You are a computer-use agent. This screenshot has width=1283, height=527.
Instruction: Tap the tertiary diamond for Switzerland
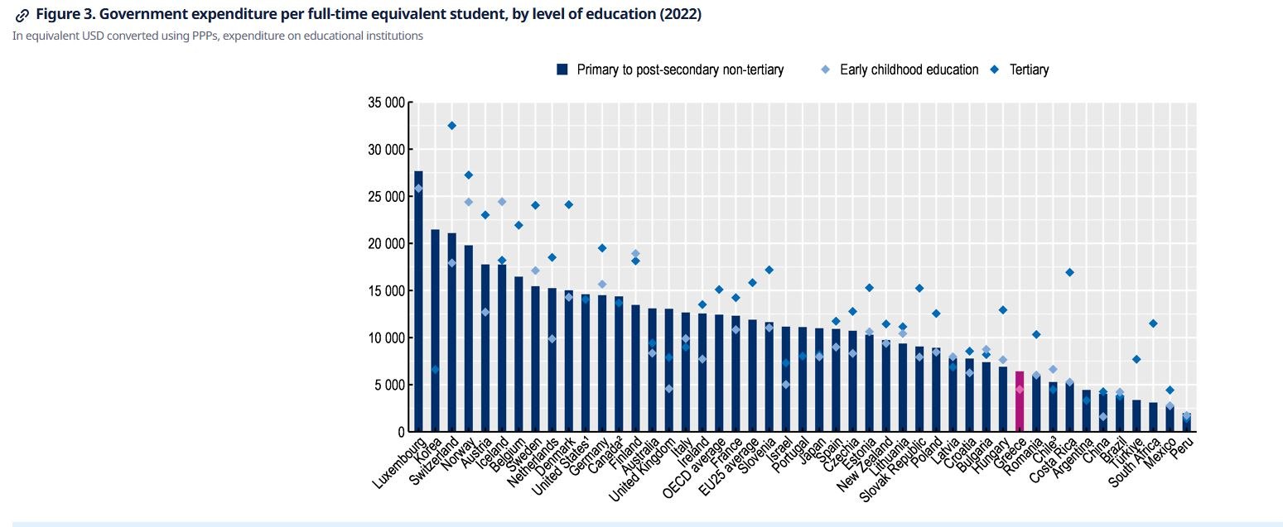tap(451, 126)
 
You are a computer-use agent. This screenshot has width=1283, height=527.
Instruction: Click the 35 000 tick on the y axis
tap(386, 103)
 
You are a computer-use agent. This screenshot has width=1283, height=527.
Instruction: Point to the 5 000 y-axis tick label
tap(389, 385)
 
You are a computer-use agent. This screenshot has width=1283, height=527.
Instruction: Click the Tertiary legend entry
tap(1029, 69)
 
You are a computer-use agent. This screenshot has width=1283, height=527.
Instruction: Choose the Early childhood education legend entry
tap(909, 69)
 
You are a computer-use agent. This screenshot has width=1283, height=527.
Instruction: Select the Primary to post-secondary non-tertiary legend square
tap(562, 69)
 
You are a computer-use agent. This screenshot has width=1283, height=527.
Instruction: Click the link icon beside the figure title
tap(22, 15)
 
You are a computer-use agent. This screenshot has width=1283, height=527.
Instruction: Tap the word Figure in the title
tap(60, 14)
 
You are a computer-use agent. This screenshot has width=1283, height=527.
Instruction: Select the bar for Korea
tap(435, 331)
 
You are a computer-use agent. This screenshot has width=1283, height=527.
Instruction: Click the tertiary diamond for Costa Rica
tap(1069, 272)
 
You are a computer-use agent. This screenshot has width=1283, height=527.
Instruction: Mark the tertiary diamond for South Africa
tap(1153, 323)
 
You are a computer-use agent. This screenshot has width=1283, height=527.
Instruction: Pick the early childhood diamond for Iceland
tap(502, 202)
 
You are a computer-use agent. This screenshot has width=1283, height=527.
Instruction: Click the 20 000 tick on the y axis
tap(386, 244)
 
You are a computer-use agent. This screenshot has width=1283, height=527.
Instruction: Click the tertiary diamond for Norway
tap(468, 175)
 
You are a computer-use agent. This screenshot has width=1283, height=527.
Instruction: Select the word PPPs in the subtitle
tap(186, 36)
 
